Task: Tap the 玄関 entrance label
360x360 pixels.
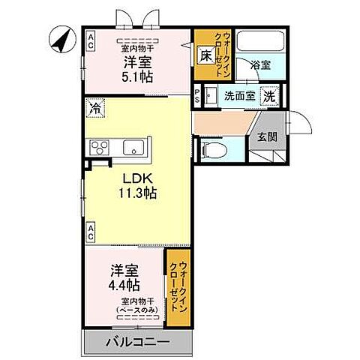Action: coord(267,137)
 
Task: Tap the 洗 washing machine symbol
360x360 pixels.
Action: coord(269,96)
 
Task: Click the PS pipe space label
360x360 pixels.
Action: coord(197,96)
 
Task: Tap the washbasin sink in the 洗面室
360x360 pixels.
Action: coord(211,96)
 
